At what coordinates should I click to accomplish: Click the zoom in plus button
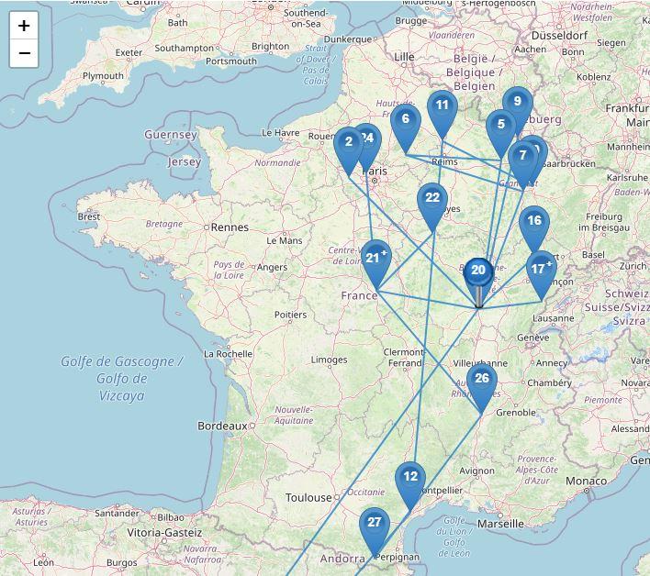pos(24,26)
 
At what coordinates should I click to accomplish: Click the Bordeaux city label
pos(222,426)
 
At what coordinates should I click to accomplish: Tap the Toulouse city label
pos(308,498)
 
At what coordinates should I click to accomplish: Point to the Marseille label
pos(500,524)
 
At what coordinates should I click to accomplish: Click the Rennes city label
pos(230,227)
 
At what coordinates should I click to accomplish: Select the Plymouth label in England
pos(103,76)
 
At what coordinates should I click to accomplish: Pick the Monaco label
pos(585,481)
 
